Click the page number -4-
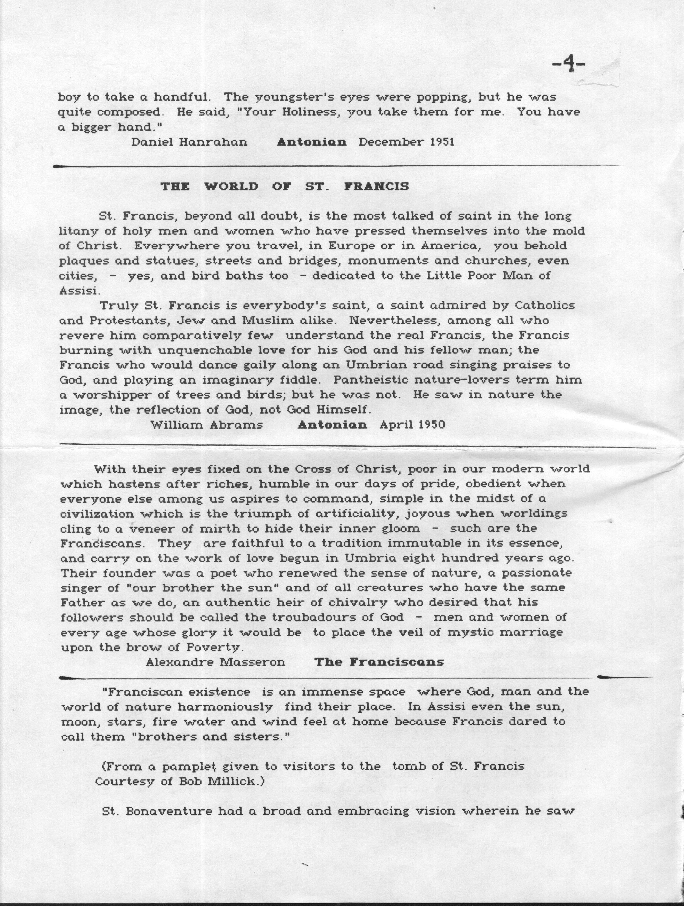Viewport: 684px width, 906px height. point(569,65)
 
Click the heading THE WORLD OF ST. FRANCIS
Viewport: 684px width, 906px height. point(285,187)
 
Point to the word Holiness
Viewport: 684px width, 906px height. point(308,112)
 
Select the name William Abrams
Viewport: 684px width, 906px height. point(206,425)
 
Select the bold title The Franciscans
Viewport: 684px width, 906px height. point(379,662)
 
